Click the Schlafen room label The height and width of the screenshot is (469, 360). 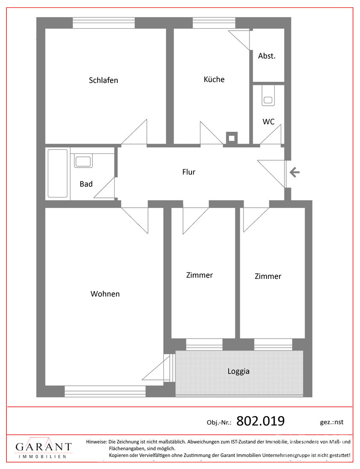103,80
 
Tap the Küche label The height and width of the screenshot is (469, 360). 214,79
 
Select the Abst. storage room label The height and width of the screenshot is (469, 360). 267,56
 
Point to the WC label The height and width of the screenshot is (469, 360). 268,122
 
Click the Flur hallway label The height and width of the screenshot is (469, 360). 189,172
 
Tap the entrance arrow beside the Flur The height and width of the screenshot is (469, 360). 295,172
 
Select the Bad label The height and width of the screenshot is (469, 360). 86,184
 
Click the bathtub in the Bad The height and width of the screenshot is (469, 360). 58,173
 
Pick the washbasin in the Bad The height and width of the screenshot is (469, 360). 83,162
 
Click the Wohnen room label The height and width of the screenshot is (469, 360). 105,294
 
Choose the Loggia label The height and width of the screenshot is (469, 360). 238,371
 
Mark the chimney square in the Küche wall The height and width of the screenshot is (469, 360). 231,138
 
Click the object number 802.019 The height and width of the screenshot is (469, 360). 260,421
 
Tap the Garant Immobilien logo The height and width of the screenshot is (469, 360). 44,449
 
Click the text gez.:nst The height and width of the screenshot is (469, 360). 331,422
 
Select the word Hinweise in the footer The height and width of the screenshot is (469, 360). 96,442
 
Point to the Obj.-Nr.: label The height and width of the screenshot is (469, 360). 219,423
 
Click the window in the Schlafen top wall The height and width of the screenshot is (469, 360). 104,23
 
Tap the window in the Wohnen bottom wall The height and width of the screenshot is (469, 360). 105,391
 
